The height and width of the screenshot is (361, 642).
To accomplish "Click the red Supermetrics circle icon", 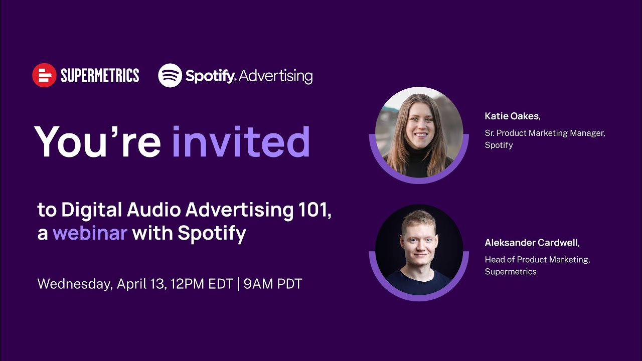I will click(44, 75).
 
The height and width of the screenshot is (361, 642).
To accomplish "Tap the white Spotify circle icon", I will click(170, 75).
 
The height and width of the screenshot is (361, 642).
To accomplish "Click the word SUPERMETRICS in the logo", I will click(100, 76).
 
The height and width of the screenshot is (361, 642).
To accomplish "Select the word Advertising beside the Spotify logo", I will click(275, 76).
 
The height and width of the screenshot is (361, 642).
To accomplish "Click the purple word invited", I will click(241, 141).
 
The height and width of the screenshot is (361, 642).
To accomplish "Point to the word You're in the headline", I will click(97, 141).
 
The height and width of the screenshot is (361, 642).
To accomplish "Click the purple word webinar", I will click(90, 233).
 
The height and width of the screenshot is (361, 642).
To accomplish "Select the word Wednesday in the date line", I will click(75, 284).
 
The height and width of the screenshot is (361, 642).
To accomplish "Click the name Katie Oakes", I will click(512, 116).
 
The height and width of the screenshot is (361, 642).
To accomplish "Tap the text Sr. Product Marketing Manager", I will click(545, 133).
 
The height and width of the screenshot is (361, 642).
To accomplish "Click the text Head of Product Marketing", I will click(537, 260).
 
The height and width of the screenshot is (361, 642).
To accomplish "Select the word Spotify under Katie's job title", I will click(499, 145).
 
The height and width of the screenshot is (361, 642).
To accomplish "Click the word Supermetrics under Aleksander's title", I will click(510, 272).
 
